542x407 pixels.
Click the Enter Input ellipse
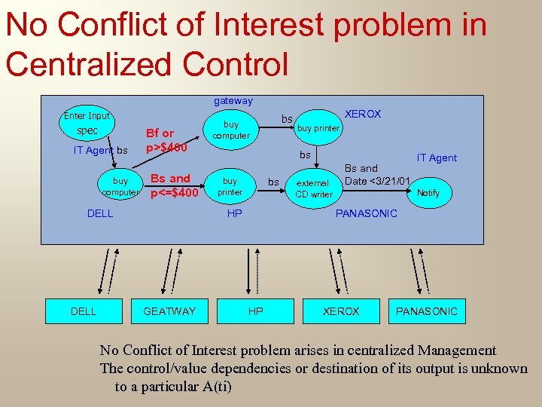(x=87, y=116)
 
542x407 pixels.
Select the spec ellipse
(x=87, y=131)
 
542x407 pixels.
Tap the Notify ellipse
(x=428, y=193)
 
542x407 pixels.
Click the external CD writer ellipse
(x=313, y=188)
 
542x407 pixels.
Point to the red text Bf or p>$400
(x=166, y=140)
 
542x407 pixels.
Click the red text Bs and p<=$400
(x=174, y=186)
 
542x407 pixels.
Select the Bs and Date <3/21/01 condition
(x=376, y=175)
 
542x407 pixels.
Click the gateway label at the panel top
(x=233, y=101)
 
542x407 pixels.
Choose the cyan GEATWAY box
(x=169, y=311)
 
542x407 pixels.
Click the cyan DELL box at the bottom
(x=83, y=311)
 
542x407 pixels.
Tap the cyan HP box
(x=256, y=311)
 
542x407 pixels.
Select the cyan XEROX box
(x=341, y=311)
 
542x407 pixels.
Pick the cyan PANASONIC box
(x=427, y=311)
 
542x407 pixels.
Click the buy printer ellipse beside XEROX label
(x=318, y=128)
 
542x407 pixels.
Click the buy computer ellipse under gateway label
(x=231, y=130)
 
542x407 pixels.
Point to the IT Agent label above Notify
(x=437, y=158)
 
